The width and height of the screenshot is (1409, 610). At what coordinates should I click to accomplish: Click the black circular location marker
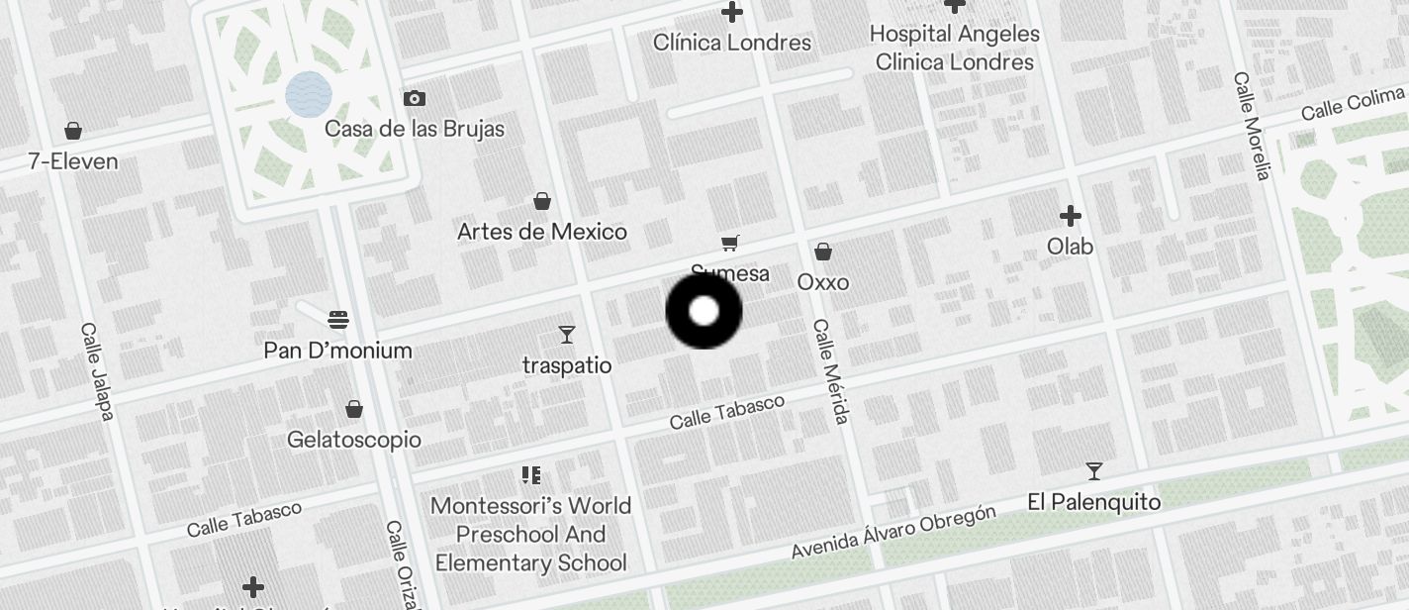tap(704, 311)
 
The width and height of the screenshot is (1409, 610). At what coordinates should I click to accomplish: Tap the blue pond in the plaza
tap(308, 95)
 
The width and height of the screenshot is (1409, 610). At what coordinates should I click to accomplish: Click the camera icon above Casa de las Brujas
tap(415, 98)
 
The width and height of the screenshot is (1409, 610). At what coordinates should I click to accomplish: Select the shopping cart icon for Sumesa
tap(730, 243)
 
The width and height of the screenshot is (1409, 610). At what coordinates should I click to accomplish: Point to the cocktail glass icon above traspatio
tap(567, 335)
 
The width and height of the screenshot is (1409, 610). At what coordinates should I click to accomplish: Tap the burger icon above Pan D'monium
tap(338, 320)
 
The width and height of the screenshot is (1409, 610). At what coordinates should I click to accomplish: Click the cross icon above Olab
tap(1070, 215)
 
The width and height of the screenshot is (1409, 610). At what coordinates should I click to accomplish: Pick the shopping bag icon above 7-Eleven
tap(72, 131)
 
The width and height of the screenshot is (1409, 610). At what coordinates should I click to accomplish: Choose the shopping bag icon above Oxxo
tap(822, 252)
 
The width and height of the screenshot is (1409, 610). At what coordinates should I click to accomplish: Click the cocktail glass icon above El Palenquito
tap(1093, 470)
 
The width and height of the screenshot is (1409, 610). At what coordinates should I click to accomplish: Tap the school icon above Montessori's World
tap(531, 475)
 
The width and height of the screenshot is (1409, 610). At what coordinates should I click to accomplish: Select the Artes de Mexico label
tap(542, 232)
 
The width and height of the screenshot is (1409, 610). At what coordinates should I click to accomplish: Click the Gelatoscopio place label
tap(354, 440)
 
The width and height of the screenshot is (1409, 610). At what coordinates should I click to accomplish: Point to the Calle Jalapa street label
tap(97, 370)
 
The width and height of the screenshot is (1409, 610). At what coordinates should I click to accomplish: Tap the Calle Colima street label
tap(1353, 103)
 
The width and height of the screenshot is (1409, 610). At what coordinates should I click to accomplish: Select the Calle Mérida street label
tap(830, 370)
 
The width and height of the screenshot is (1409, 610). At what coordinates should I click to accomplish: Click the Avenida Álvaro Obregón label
tap(892, 532)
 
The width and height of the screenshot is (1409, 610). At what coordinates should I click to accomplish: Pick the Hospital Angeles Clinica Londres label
tap(955, 48)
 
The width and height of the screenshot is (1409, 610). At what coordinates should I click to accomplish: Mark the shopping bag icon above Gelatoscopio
tap(354, 409)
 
